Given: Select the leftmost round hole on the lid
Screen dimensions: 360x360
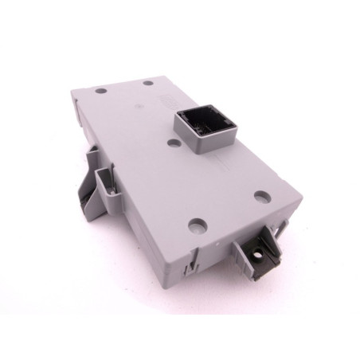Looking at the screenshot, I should tap(100, 91).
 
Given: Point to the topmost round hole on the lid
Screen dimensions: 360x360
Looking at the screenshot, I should tap(148, 81).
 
